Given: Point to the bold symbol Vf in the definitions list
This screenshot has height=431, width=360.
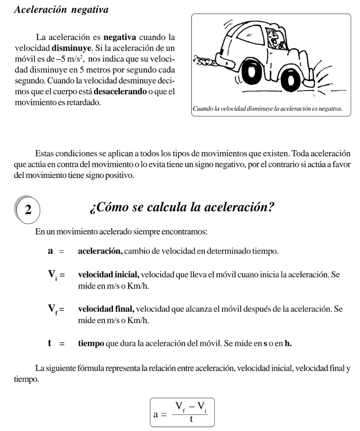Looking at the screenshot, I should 52,310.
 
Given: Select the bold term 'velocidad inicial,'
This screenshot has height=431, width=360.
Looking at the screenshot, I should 106,275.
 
